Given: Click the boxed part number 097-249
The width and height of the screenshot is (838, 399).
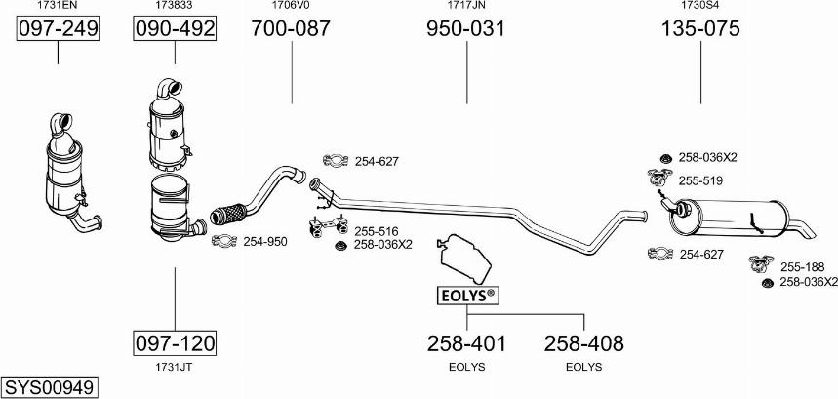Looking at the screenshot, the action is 58,28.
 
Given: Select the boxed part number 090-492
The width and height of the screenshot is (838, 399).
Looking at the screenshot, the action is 175,28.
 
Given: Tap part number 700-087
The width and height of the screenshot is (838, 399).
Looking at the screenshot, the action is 292,28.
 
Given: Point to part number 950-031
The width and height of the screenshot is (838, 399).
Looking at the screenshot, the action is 466,28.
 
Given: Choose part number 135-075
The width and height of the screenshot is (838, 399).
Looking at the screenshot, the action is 700,28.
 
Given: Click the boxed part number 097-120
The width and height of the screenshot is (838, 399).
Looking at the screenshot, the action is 175,342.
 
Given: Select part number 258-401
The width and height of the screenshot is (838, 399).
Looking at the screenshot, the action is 466,343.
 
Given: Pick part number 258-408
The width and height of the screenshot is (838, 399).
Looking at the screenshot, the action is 583,343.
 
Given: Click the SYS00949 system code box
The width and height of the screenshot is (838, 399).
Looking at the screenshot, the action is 50,386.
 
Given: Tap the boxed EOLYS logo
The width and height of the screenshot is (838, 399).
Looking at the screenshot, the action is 468,295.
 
